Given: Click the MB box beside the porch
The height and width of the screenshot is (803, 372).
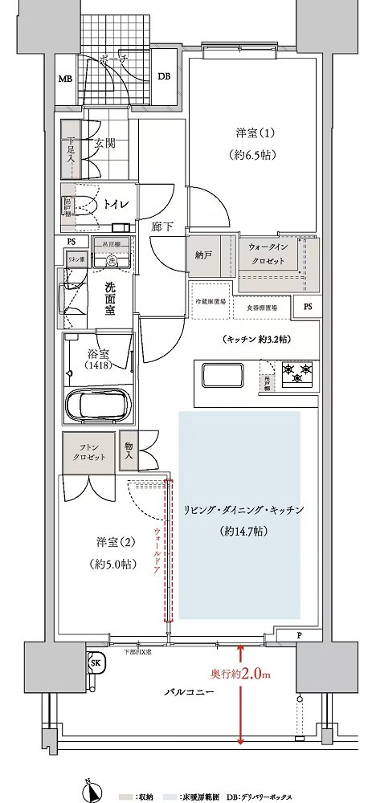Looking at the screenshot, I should [x=65, y=79].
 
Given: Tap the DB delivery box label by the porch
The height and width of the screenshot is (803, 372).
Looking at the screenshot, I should [x=163, y=77].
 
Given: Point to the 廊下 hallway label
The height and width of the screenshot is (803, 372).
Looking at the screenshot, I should [x=161, y=227].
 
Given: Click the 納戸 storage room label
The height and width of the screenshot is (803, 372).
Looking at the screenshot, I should [x=202, y=255].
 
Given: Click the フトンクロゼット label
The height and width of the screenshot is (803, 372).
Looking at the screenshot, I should [x=86, y=451].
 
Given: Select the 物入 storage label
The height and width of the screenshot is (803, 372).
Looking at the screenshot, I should [x=129, y=450].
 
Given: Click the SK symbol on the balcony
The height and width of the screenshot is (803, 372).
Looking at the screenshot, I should [x=95, y=663].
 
